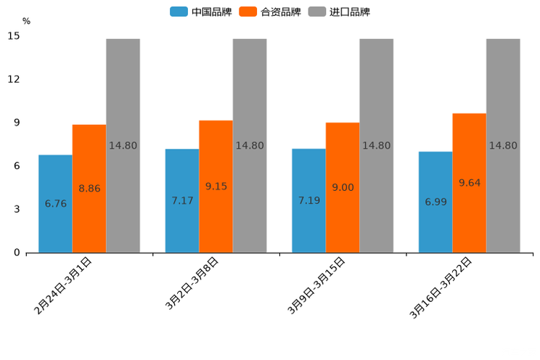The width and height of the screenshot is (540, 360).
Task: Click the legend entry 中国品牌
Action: click(x=201, y=12)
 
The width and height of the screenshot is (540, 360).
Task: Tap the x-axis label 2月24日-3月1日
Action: click(x=62, y=285)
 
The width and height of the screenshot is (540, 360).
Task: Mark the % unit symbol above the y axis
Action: click(x=26, y=21)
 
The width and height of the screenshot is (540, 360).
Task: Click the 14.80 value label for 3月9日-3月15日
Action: click(x=376, y=145)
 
